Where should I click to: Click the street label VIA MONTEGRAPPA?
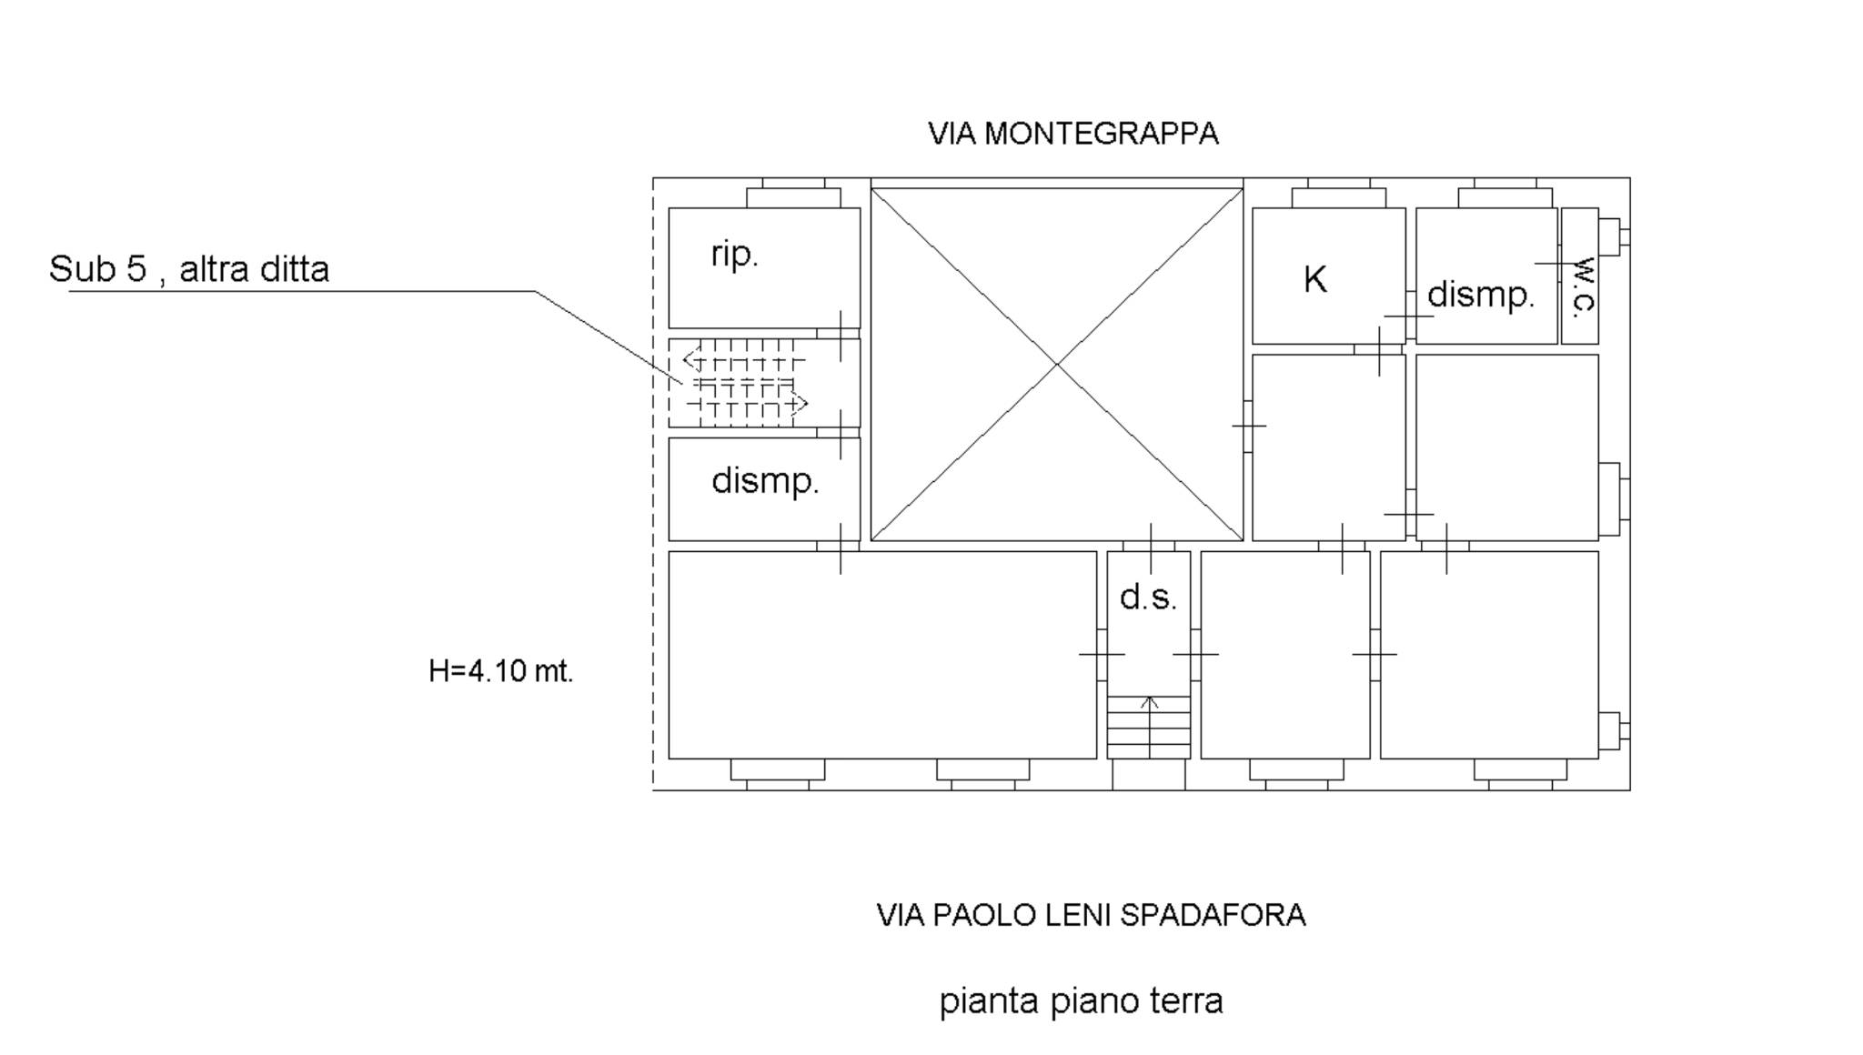pos(1072,134)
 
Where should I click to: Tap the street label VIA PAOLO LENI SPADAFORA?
pos(1091,915)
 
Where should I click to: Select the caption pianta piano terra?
pos(1081,1001)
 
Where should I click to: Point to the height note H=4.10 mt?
pos(500,671)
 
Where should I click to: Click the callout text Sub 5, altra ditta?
pos(189,269)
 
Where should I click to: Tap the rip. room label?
pos(734,255)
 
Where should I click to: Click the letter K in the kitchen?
pos(1314,280)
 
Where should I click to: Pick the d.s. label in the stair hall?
pos(1148,598)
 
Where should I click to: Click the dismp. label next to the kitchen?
pos(1480,295)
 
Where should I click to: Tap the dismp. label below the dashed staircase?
pos(765,480)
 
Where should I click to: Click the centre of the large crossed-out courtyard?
pos(1057,364)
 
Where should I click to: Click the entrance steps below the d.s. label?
pos(1149,728)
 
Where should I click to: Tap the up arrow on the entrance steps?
pos(1150,702)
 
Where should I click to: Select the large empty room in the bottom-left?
pos(882,655)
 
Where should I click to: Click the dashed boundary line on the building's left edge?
pos(653,482)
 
